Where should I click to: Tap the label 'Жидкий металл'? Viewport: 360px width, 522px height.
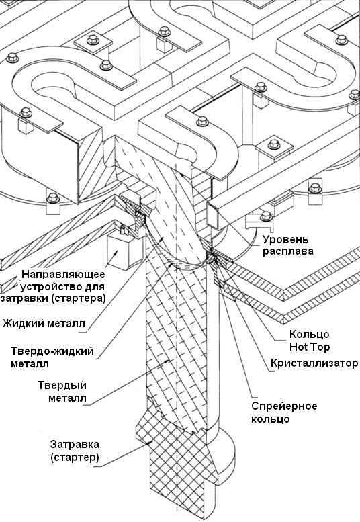pos(44,323)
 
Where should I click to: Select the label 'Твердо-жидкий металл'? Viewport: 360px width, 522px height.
pos(52,357)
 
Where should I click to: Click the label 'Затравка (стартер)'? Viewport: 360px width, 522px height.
pos(75,451)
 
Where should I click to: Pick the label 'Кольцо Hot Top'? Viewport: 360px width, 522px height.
pos(310,340)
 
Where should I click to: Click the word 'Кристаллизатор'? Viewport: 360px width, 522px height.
pos(314,363)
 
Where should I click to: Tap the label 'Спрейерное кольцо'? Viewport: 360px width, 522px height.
pos(284,412)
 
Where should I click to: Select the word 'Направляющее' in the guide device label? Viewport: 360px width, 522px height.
pos(63,274)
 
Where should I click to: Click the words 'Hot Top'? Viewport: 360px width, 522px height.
pos(310,347)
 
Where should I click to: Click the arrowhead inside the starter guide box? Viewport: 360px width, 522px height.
pos(116,252)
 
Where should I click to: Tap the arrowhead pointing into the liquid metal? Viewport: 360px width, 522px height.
pos(162,238)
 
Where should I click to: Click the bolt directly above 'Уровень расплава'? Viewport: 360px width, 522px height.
pos(266,216)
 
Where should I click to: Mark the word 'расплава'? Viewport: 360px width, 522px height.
pos(288,251)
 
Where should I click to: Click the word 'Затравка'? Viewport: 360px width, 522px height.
pos(75,445)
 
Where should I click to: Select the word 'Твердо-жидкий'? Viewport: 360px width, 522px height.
pos(52,351)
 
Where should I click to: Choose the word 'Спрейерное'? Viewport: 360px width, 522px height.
pos(284,406)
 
